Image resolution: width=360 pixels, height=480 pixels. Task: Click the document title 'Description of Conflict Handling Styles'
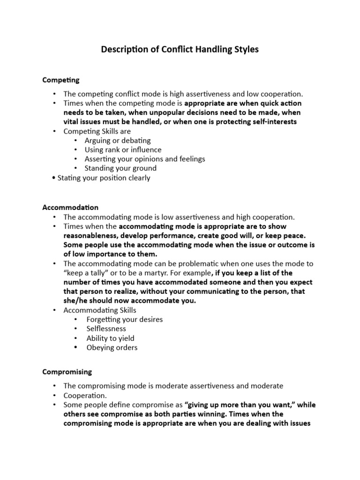pyautogui.click(x=180, y=49)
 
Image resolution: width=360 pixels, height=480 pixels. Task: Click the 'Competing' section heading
pyautogui.click(x=61, y=80)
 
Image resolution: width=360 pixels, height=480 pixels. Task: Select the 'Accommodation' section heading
pyautogui.click(x=70, y=207)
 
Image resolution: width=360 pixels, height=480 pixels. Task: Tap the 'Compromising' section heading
pyautogui.click(x=67, y=372)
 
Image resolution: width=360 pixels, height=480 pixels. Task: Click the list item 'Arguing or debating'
pyautogui.click(x=118, y=141)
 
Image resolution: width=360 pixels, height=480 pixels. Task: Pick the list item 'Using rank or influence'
pyautogui.click(x=123, y=150)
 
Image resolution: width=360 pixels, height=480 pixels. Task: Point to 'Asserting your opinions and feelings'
pyautogui.click(x=145, y=159)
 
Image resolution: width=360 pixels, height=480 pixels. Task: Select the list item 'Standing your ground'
pyautogui.click(x=120, y=168)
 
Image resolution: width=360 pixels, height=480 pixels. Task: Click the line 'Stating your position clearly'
pyautogui.click(x=104, y=178)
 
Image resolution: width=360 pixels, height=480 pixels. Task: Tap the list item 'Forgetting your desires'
pyautogui.click(x=125, y=320)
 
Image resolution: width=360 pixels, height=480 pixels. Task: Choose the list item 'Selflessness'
pyautogui.click(x=106, y=329)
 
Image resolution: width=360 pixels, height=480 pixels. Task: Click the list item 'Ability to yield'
pyautogui.click(x=110, y=338)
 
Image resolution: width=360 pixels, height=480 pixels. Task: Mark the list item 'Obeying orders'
pyautogui.click(x=112, y=348)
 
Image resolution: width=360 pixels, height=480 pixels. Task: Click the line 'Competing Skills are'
pyautogui.click(x=97, y=131)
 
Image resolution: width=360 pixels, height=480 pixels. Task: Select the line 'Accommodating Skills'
pyautogui.click(x=100, y=310)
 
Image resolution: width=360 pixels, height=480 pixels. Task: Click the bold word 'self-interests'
pyautogui.click(x=274, y=122)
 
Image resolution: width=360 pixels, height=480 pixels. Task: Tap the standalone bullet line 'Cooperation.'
pyautogui.click(x=83, y=396)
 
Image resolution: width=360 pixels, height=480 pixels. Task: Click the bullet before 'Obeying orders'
pyautogui.click(x=76, y=348)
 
